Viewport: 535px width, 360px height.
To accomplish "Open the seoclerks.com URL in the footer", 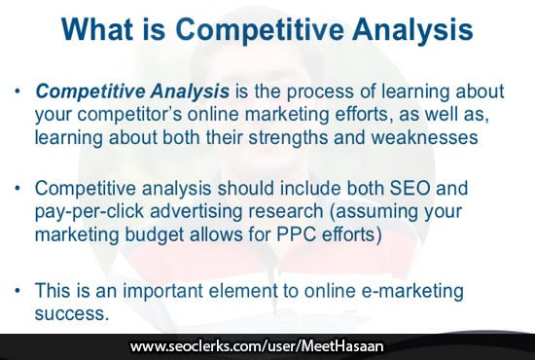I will pyautogui.click(x=267, y=346).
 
